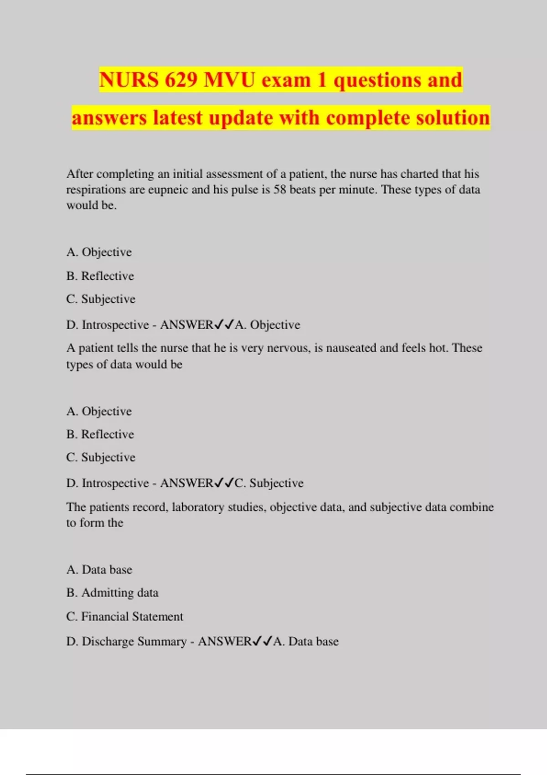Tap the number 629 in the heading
(181, 80)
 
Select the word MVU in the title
(230, 80)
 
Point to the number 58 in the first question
(279, 190)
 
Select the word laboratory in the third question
(198, 507)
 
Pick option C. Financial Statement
(124, 616)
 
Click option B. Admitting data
(112, 593)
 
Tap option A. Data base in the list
(99, 570)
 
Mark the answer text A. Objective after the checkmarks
(268, 325)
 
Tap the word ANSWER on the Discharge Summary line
(224, 641)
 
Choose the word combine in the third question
(472, 507)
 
